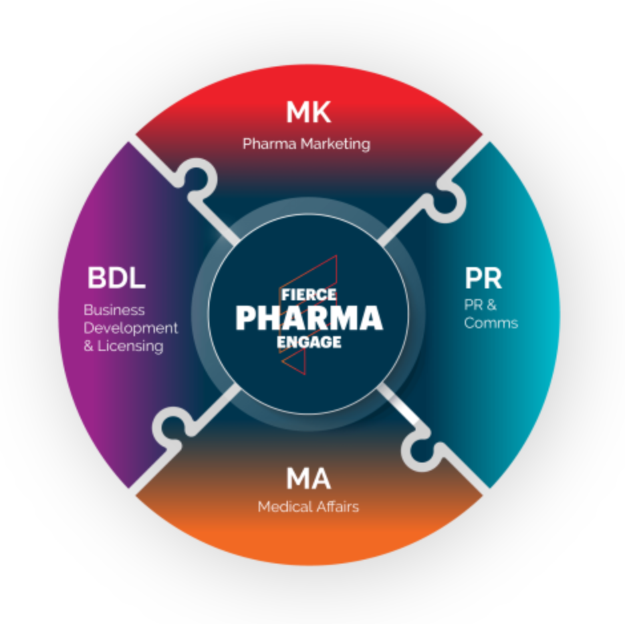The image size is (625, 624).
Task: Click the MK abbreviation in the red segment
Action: [x=309, y=113]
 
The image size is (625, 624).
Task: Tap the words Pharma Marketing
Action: [x=306, y=144]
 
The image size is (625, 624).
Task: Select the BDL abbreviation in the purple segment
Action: [x=116, y=278]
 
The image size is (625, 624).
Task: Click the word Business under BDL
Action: [x=114, y=310]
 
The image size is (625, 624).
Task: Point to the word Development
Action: [x=131, y=328]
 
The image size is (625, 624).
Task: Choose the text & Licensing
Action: [x=123, y=346]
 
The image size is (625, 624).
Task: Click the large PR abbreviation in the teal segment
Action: [x=483, y=278]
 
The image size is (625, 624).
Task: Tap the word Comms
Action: [x=491, y=324]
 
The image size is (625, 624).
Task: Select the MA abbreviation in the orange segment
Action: [x=309, y=478]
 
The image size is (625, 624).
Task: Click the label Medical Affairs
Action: [x=309, y=507]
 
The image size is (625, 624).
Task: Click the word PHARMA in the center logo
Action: [x=309, y=318]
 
